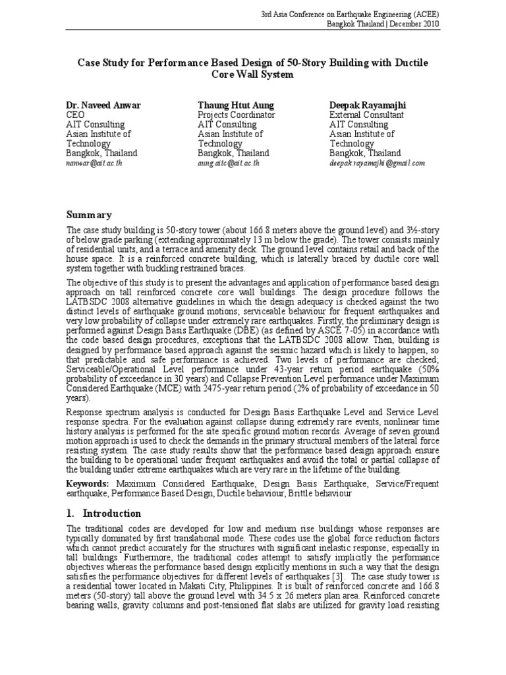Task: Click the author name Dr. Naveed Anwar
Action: (103, 105)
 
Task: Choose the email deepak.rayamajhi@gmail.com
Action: (377, 163)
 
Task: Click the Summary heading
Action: (89, 215)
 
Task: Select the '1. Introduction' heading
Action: (104, 514)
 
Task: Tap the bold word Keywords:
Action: (88, 484)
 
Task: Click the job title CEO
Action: (76, 115)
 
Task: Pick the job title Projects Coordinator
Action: (237, 115)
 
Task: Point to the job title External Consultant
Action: (368, 115)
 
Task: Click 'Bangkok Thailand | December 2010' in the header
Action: (383, 24)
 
